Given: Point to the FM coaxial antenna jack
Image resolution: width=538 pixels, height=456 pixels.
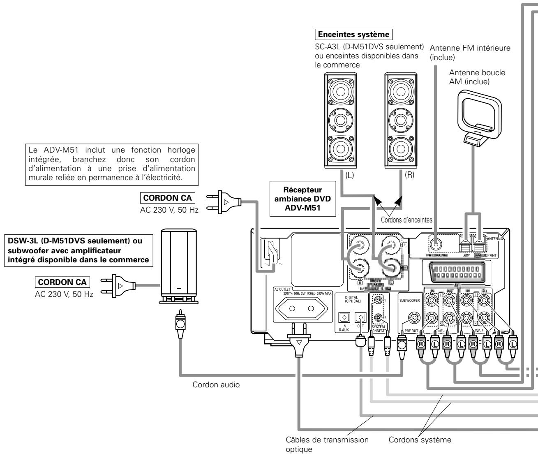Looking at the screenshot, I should (436, 243).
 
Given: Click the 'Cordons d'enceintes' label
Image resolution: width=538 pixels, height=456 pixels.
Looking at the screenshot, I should (406, 220).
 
